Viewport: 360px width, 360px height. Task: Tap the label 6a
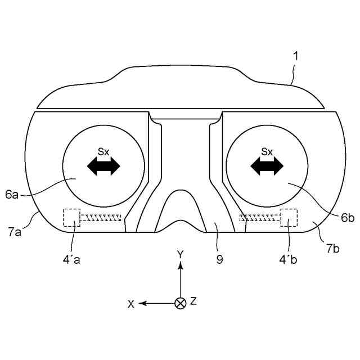[x=12, y=194]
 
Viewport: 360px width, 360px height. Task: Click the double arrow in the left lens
[x=103, y=166]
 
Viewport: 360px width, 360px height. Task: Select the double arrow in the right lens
[x=267, y=166]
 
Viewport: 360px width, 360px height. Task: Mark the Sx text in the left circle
[x=103, y=151]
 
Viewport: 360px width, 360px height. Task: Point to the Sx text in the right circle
[x=267, y=151]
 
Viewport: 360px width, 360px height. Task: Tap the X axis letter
[x=131, y=303]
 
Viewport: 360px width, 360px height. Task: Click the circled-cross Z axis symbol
[x=180, y=303]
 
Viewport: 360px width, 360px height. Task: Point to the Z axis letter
[x=193, y=301]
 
